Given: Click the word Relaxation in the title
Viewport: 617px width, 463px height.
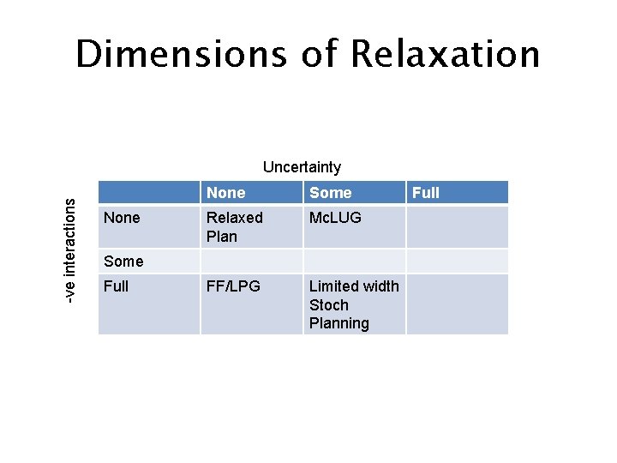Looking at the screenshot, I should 444,54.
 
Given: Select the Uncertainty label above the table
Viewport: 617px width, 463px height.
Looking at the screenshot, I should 302,167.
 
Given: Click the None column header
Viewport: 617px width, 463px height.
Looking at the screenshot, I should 226,193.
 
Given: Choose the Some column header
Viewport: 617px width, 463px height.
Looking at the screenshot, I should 330,193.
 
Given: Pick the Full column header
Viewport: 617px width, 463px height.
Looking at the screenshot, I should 426,193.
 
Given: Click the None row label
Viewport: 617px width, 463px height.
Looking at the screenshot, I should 122,218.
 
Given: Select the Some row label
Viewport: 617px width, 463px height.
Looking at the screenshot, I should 123,261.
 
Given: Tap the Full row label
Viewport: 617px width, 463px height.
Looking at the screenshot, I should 116,286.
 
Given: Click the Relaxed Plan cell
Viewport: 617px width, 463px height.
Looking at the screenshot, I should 234,227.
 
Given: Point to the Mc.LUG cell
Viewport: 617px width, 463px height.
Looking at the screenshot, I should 335,218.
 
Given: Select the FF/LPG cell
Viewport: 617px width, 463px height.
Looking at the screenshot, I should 232,286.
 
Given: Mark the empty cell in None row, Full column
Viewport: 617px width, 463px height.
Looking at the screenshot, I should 457,227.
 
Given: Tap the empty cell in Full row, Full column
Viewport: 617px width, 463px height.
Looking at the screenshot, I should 457,304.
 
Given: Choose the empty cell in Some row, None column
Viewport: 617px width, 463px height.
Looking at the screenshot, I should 252,261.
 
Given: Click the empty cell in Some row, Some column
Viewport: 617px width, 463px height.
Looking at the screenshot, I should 354,261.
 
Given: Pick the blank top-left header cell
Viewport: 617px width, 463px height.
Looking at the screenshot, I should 149,192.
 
